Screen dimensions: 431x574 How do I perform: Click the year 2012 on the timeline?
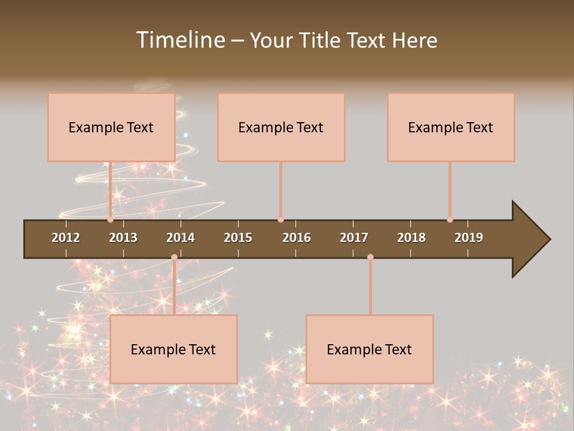click(66, 238)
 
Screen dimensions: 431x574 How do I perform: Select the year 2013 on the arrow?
click(123, 238)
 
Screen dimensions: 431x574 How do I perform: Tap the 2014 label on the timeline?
click(181, 238)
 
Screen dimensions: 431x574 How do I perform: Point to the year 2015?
click(238, 238)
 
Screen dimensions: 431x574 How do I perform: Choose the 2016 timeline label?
click(297, 238)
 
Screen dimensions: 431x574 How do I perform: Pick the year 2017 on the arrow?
click(354, 238)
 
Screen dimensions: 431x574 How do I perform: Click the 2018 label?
click(411, 238)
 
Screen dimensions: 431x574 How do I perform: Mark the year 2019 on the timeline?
click(469, 238)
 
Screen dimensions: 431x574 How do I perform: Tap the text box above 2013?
click(111, 127)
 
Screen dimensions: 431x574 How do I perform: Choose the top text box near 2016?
click(281, 127)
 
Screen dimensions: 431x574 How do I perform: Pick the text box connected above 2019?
click(451, 127)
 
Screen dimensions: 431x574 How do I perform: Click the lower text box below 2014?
click(173, 349)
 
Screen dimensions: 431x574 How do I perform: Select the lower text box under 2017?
click(370, 349)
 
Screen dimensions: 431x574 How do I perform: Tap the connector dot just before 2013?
click(110, 220)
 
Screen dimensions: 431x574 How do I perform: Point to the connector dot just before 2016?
click(280, 220)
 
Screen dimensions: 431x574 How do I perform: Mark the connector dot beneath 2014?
click(174, 257)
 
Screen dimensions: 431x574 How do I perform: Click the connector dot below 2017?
click(370, 257)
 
